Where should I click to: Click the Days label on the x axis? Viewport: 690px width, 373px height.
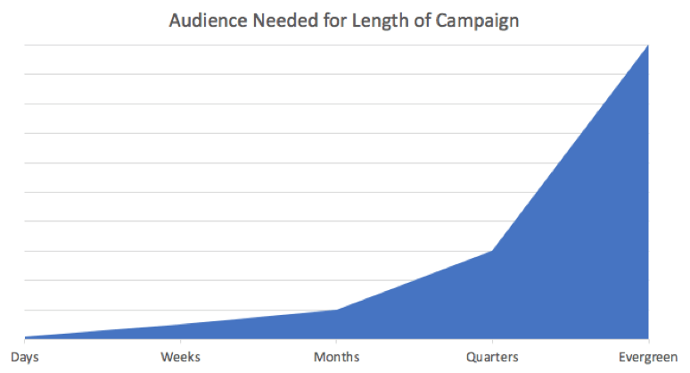[x=25, y=357]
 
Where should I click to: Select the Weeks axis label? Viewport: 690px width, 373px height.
[x=180, y=357]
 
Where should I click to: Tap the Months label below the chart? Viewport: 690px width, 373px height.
[x=336, y=357]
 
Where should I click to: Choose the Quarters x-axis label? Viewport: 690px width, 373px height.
[x=492, y=357]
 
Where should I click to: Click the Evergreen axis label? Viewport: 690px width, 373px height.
[x=647, y=357]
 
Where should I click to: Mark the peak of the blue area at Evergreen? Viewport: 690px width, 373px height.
[x=647, y=45]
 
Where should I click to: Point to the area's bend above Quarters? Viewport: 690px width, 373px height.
[x=492, y=251]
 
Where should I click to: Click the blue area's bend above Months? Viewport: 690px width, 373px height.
[x=336, y=310]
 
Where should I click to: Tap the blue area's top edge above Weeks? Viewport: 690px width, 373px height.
[x=180, y=325]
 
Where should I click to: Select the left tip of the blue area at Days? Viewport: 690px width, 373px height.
[x=26, y=337]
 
